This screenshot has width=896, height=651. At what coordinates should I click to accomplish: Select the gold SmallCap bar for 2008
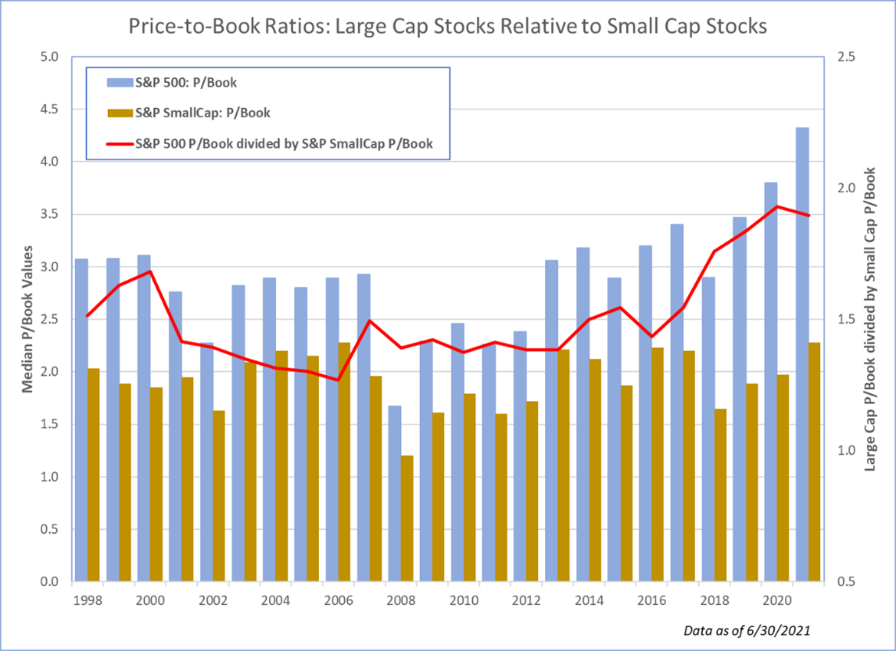point(406,518)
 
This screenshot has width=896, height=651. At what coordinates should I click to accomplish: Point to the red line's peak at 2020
point(777,206)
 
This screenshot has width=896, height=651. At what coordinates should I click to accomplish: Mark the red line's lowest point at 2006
point(338,380)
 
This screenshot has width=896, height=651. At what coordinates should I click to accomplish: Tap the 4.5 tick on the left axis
point(51,109)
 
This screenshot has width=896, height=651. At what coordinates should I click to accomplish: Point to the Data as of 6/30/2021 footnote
point(746,630)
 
